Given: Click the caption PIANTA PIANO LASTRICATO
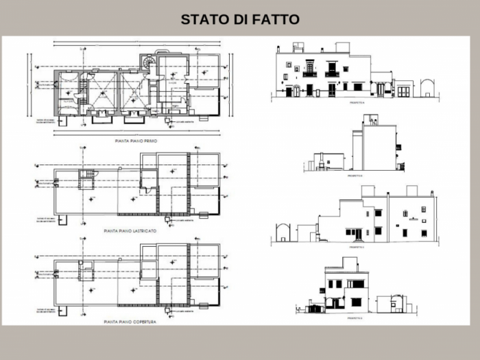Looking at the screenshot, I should tap(130, 230).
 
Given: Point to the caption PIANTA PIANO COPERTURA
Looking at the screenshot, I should tap(130, 321).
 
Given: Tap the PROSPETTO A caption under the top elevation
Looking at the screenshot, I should tap(357, 101).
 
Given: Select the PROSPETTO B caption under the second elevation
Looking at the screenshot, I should tap(355, 175).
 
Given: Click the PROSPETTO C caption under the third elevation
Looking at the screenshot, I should tap(356, 246).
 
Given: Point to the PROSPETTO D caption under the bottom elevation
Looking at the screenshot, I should tap(355, 318).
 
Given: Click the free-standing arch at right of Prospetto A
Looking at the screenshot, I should tap(428, 88).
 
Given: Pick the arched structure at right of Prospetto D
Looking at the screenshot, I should tap(396, 304).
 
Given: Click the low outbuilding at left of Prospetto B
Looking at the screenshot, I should tap(322, 163).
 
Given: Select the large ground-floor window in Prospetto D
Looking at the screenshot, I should tap(356, 302).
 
